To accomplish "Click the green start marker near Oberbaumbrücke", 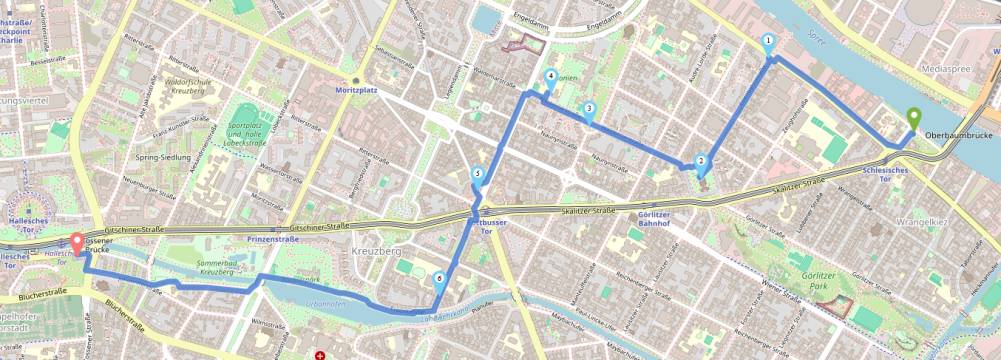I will click(912, 118).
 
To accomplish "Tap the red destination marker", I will click(77, 242).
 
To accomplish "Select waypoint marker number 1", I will click(768, 42).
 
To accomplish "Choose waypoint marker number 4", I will click(550, 77).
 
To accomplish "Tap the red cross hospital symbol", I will click(320, 354).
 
